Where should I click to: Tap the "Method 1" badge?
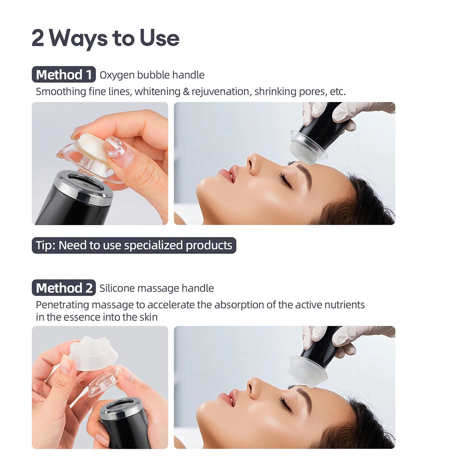coord(64,75)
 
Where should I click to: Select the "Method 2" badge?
coord(64,288)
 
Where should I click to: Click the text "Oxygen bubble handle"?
coord(152,75)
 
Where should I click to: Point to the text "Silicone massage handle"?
coord(156,288)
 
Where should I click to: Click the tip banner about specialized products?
coord(134,245)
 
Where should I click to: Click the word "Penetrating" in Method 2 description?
coord(65,304)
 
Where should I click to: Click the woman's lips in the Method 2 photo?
coord(229,397)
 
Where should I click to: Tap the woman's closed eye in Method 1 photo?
coord(285,179)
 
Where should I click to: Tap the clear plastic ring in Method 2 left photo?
coord(103,382)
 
